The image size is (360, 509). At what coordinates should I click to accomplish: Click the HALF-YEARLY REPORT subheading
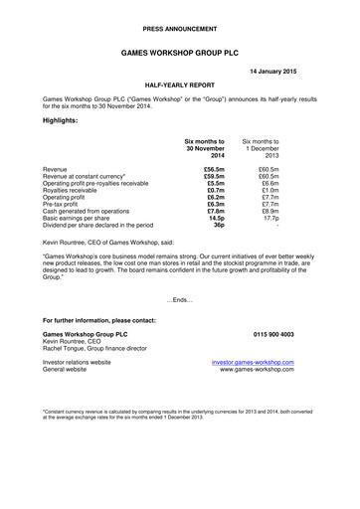pyautogui.click(x=180, y=87)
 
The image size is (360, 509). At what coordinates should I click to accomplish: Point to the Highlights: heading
pyautogui.click(x=64, y=119)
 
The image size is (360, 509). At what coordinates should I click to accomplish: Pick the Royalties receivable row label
pyautogui.click(x=80, y=192)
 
